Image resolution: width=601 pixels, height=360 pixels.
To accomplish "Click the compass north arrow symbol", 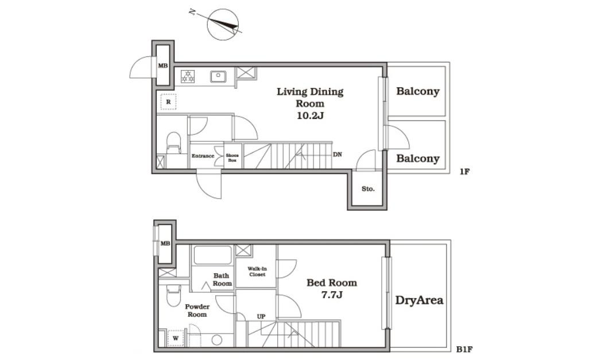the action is [222, 24].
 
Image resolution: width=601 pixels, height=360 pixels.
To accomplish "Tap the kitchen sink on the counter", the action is [218, 77].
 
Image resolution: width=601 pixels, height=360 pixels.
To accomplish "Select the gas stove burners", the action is [188, 76].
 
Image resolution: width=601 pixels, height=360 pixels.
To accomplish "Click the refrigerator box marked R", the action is [168, 102].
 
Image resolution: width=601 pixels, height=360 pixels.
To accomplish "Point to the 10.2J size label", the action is [310, 115].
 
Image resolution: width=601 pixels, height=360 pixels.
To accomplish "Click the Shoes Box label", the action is [232, 157].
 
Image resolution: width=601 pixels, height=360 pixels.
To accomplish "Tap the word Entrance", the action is [203, 156].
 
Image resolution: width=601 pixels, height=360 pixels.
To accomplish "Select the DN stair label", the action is [338, 154].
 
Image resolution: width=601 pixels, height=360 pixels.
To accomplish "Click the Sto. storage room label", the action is [368, 189].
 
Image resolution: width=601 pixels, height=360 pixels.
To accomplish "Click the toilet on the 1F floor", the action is [173, 143].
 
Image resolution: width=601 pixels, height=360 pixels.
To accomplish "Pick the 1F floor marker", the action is [464, 171].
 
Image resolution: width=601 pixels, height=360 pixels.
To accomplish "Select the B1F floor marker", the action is [464, 349].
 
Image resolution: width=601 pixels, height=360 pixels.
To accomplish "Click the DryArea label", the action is [419, 300].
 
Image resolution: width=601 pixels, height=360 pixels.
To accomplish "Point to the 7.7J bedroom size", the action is [332, 295].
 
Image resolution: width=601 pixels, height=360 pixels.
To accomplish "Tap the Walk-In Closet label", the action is [257, 272].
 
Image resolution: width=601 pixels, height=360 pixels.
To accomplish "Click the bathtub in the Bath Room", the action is [213, 255].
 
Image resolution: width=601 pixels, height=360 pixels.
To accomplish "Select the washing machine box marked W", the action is [176, 338].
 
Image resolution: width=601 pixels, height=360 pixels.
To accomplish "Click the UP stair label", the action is [261, 317].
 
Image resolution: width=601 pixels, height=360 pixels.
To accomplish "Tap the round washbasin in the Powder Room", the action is [217, 340].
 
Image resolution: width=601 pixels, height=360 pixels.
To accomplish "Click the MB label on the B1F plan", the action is [165, 243].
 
